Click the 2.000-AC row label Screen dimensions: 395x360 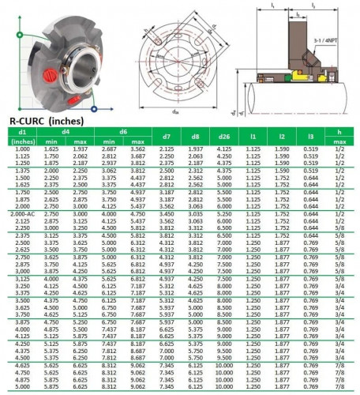[22, 214]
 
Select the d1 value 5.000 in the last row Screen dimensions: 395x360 [22, 388]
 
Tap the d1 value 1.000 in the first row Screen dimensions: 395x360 [22, 149]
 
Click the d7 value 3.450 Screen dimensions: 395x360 [167, 214]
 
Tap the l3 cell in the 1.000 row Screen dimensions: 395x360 [311, 149]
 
